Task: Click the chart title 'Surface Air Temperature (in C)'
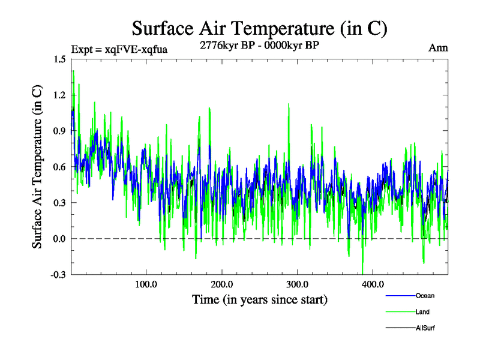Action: [259, 28]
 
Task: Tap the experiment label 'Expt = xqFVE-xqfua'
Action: [119, 49]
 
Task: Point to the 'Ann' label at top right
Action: [438, 47]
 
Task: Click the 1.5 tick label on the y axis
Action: [59, 59]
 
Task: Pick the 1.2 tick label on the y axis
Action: [59, 95]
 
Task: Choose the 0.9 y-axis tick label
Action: [59, 131]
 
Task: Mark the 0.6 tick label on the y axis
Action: [59, 167]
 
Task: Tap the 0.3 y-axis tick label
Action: [59, 203]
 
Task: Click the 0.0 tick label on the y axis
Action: [59, 239]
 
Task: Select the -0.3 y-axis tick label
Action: [58, 275]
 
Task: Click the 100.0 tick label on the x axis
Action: [146, 284]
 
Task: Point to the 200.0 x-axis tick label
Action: [221, 284]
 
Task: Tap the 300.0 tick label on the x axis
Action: [297, 284]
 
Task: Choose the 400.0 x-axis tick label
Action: [373, 284]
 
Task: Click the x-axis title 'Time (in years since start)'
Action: [260, 299]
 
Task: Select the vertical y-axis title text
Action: [37, 167]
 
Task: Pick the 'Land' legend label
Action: [422, 312]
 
